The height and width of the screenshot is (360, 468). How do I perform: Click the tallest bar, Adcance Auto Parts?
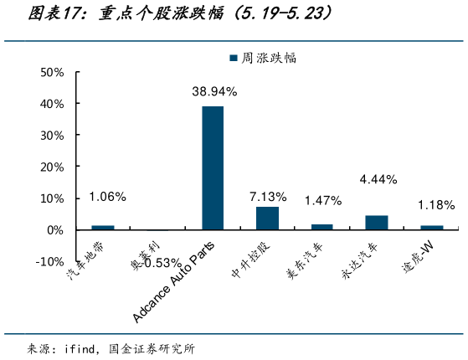[213, 167]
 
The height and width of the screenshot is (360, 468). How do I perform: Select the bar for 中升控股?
[267, 218]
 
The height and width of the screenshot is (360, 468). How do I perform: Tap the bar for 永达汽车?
[377, 222]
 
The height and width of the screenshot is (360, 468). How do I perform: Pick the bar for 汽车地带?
[103, 227]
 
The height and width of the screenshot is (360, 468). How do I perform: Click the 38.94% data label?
[213, 90]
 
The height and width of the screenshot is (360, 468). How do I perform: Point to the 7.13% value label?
[268, 196]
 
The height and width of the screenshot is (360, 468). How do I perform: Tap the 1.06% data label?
[107, 197]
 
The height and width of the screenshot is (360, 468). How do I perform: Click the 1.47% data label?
[323, 200]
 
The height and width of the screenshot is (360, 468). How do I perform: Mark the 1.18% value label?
[435, 204]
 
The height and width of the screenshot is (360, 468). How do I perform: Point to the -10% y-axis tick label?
[49, 261]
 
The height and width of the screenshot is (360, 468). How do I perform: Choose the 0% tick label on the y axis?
[55, 229]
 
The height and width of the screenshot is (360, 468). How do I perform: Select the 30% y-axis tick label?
[52, 136]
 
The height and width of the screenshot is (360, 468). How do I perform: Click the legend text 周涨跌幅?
[269, 59]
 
